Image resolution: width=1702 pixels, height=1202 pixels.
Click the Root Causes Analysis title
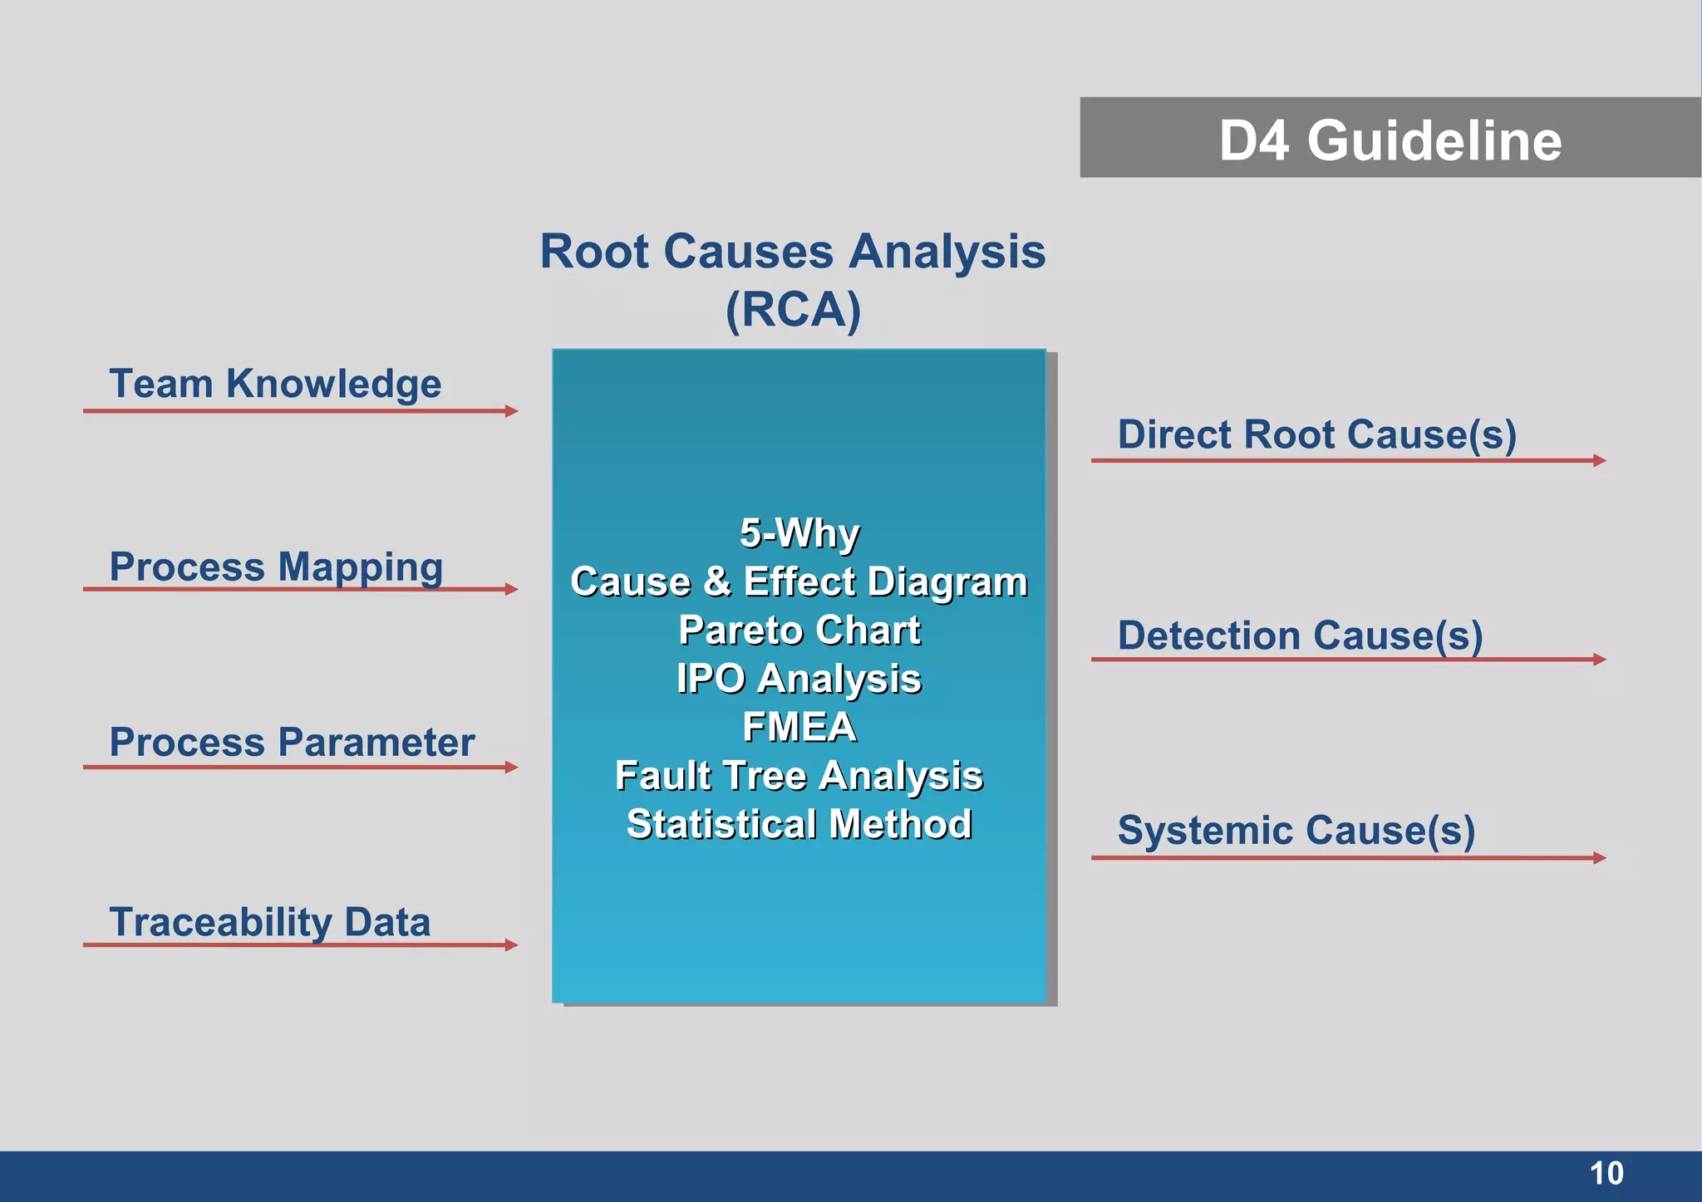(792, 251)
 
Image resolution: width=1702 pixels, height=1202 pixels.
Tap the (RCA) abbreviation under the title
(793, 310)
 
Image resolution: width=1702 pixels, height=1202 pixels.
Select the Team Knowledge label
(275, 384)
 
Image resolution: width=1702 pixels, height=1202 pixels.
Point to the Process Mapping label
(276, 567)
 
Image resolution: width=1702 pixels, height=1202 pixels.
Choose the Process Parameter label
(292, 742)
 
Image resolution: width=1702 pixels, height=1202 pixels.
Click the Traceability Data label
(269, 922)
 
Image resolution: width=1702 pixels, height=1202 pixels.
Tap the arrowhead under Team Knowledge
(511, 411)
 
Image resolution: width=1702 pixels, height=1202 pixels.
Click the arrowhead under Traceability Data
(511, 944)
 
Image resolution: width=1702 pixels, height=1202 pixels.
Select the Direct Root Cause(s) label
(1316, 434)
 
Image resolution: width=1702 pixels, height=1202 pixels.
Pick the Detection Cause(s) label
(1300, 635)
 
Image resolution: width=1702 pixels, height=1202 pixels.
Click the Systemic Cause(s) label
(1296, 830)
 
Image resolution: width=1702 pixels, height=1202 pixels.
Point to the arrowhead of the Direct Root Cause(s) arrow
(1599, 460)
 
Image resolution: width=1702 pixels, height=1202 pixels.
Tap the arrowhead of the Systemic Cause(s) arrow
(1599, 857)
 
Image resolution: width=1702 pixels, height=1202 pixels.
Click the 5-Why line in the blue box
(799, 533)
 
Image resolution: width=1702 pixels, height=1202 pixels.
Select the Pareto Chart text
(799, 630)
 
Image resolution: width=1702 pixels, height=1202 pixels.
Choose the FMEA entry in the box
(799, 727)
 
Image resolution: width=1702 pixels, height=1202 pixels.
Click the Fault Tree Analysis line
(799, 776)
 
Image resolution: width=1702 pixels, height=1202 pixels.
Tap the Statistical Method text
(799, 824)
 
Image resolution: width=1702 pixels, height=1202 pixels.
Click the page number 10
(1606, 1174)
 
